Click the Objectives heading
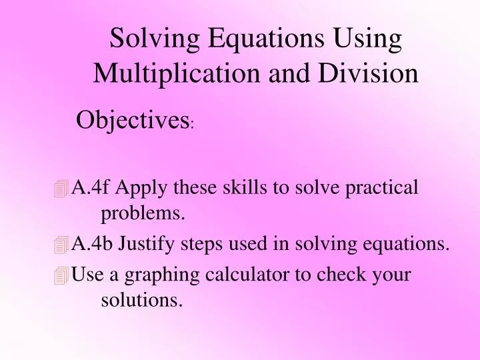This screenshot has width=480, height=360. point(132,121)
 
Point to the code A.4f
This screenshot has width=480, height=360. point(91,187)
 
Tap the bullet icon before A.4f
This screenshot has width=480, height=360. point(62,189)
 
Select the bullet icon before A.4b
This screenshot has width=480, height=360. point(62,246)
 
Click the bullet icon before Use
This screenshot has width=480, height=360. point(62,275)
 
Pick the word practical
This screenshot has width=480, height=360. point(382,188)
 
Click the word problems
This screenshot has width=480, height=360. point(143,213)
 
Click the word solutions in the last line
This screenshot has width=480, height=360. point(141,300)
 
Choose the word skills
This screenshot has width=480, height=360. point(246,187)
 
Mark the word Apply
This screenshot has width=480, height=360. point(142,188)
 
